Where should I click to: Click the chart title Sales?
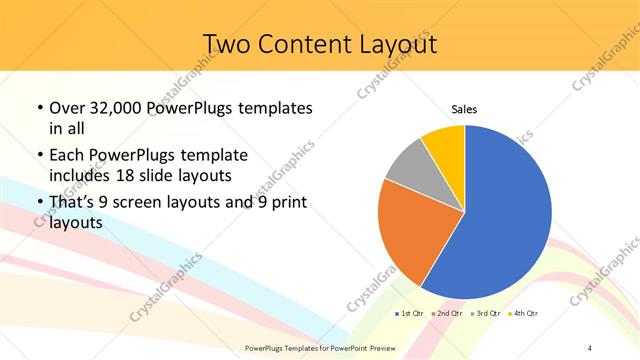[x=465, y=109]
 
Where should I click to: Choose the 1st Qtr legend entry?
[x=408, y=314]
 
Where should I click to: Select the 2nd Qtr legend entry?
[x=445, y=314]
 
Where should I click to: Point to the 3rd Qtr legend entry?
[x=485, y=314]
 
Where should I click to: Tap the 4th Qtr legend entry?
[x=523, y=314]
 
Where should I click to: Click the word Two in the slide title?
[x=225, y=44]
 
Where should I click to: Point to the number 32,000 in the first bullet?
[x=114, y=108]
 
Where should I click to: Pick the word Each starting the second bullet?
[x=68, y=156]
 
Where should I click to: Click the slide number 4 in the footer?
[x=590, y=347]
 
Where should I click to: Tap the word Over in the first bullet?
[x=67, y=108]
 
